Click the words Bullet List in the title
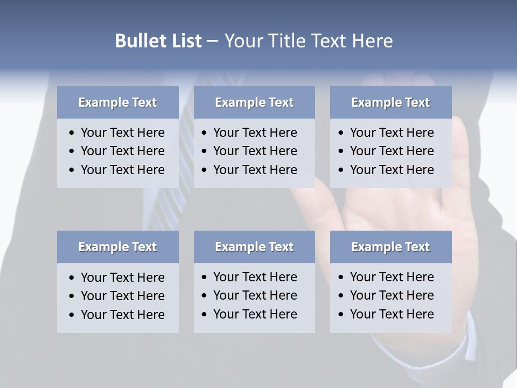tap(158, 41)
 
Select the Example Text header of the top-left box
tap(117, 102)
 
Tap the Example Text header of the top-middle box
tap(254, 102)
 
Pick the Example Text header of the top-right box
tap(390, 102)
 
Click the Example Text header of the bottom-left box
tap(117, 247)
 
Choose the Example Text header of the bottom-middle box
tap(254, 247)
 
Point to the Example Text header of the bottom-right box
tap(390, 247)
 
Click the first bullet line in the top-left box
tap(122, 133)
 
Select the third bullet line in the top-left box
tap(122, 170)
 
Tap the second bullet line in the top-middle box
tap(255, 151)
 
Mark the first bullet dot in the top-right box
tap(341, 133)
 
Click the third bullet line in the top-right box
tap(392, 170)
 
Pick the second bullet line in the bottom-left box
tap(122, 296)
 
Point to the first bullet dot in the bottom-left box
tap(72, 278)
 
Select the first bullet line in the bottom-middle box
tap(255, 277)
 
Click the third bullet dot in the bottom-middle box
tap(205, 315)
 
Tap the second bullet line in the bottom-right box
tap(392, 295)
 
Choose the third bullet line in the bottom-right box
tap(392, 314)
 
